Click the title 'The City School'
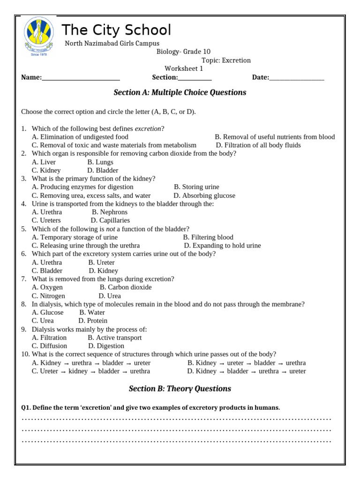pyautogui.click(x=116, y=30)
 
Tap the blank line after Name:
pyautogui.click(x=81, y=78)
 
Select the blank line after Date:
pyautogui.click(x=296, y=78)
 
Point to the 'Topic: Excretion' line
pyautogui.click(x=226, y=60)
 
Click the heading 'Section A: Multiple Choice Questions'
pyautogui.click(x=180, y=92)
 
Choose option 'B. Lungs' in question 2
pyautogui.click(x=100, y=162)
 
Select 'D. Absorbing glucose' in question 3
pyautogui.click(x=204, y=195)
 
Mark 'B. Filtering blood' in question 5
pyautogui.click(x=208, y=237)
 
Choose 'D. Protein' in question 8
pyautogui.click(x=92, y=321)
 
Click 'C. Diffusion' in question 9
pyautogui.click(x=49, y=346)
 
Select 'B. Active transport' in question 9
pyautogui.click(x=114, y=337)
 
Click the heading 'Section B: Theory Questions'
pyautogui.click(x=180, y=389)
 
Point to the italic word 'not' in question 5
pyautogui.click(x=110, y=229)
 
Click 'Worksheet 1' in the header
pyautogui.click(x=184, y=69)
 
